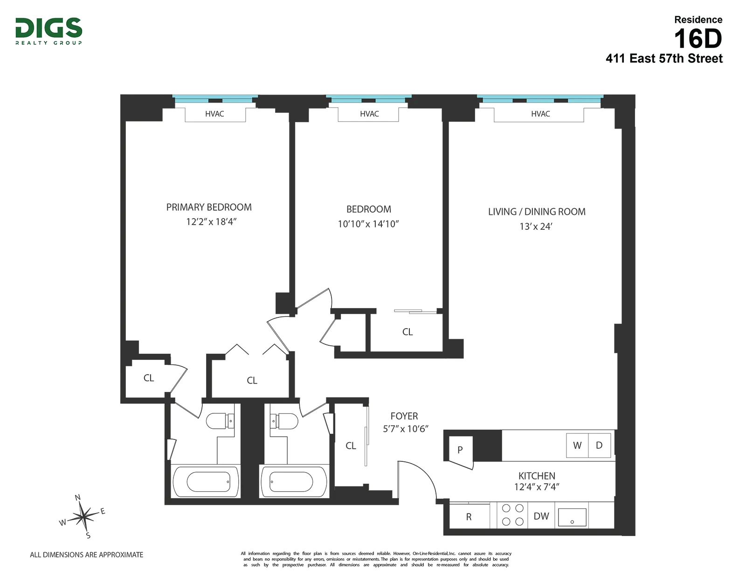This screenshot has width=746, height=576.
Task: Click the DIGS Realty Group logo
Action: point(49,31)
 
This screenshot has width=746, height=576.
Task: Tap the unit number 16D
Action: point(698,39)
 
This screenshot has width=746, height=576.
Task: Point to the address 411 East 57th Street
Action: point(664,59)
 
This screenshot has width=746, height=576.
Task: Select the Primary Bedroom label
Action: point(209,207)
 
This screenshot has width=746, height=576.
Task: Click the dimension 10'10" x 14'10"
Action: point(368,224)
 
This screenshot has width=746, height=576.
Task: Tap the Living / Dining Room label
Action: point(537,212)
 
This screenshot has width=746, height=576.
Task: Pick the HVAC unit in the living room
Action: point(540,114)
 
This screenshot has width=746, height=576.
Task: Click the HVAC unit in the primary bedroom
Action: point(215,114)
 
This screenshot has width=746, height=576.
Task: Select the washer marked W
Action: point(577,446)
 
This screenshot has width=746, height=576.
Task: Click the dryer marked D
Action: point(600,446)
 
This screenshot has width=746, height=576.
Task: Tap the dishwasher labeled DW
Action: point(541,516)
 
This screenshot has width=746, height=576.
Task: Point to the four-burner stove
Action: point(512,515)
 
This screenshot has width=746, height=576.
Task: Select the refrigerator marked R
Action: point(469,517)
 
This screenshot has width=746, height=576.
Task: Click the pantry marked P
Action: point(460,450)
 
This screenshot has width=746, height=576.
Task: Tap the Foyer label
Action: point(404,416)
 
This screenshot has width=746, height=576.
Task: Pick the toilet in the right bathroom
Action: point(284,421)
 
